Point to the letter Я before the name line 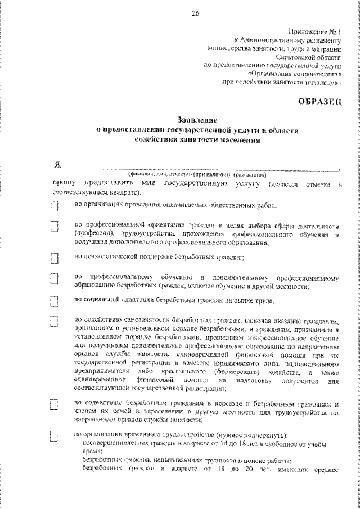56,165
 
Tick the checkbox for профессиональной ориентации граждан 55,226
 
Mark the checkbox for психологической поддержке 55,258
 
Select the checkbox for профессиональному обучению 55,278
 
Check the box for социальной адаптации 55,302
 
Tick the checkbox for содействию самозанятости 55,322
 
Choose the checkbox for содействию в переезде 55,405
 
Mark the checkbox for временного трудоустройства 55,436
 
